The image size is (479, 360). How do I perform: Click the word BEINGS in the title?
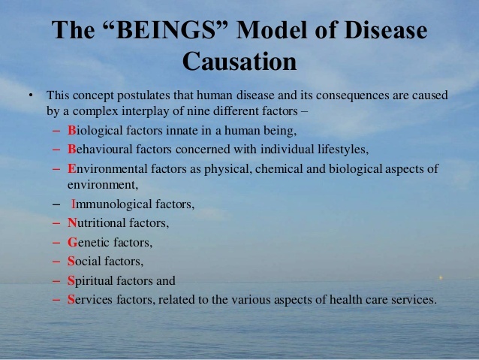click(x=166, y=29)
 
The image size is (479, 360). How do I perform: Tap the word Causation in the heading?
click(x=239, y=61)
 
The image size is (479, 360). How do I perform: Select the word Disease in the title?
click(x=386, y=29)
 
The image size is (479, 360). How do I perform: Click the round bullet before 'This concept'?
click(x=31, y=95)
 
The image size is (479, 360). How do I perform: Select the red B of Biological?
click(x=72, y=130)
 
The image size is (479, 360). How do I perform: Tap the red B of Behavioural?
click(x=72, y=150)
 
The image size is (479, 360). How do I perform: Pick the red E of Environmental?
click(x=72, y=168)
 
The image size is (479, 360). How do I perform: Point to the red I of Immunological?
click(x=74, y=204)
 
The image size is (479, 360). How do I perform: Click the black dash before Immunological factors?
click(x=56, y=204)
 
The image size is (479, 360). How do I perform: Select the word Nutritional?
click(x=97, y=223)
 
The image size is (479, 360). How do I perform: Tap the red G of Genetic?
click(x=72, y=243)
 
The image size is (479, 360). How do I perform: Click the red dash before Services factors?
click(x=56, y=299)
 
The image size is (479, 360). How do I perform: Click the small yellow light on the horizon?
click(x=441, y=278)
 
